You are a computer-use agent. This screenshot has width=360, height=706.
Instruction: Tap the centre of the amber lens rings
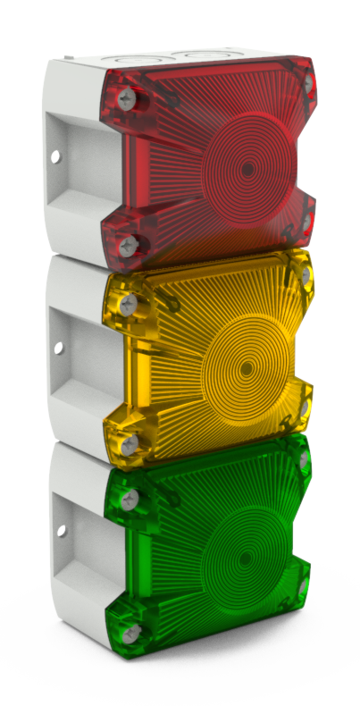pyautogui.click(x=244, y=366)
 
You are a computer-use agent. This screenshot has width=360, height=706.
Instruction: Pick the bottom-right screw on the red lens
pyautogui.click(x=306, y=217)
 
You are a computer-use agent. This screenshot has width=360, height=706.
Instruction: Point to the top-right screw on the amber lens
pyautogui.click(x=306, y=274)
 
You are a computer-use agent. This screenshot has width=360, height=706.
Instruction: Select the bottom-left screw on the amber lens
pyautogui.click(x=130, y=443)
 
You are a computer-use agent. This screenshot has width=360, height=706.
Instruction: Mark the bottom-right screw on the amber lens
pyautogui.click(x=305, y=408)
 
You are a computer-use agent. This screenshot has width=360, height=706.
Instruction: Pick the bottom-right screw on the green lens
pyautogui.click(x=303, y=587)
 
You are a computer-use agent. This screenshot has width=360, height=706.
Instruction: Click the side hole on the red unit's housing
pyautogui.click(x=55, y=157)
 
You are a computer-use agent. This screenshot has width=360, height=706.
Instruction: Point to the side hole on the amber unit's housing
pyautogui.click(x=59, y=348)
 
